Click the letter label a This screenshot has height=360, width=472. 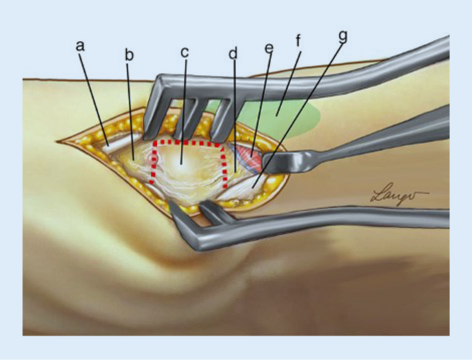80,45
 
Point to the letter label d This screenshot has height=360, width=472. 234,53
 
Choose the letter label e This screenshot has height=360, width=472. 269,49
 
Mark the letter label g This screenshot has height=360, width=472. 342,36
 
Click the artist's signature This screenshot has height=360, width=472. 399,195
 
